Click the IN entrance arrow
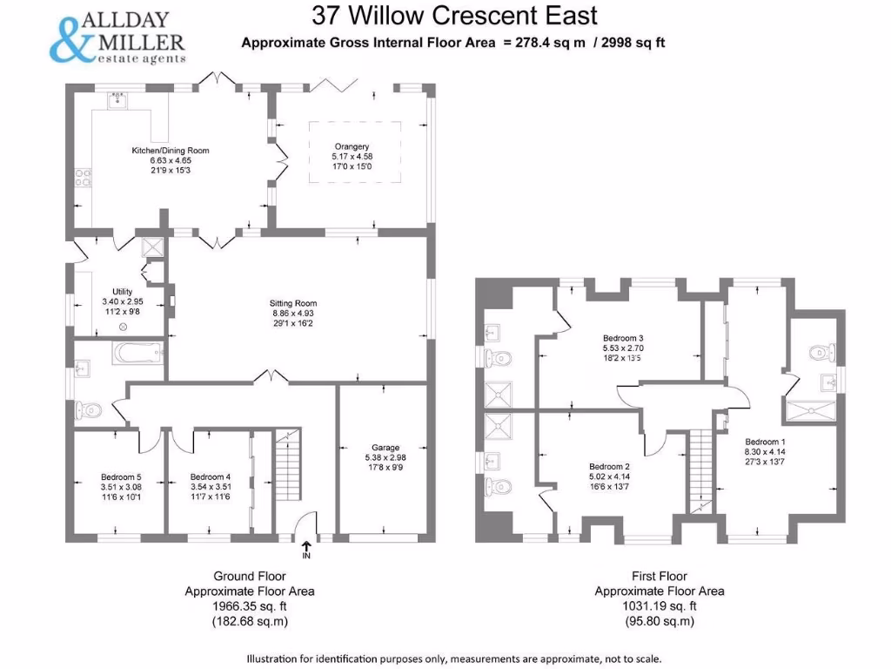[306, 546]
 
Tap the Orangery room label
[352, 146]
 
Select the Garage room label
[385, 447]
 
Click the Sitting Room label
[293, 303]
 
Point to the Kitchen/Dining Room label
[171, 150]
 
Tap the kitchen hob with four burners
[84, 177]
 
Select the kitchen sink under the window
[117, 101]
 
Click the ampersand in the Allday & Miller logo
[71, 39]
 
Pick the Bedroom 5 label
[121, 476]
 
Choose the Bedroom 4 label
[211, 476]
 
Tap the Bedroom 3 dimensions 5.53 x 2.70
[623, 348]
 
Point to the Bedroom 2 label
[609, 467]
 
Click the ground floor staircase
[287, 464]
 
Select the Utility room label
[122, 291]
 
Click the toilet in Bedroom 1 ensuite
[822, 352]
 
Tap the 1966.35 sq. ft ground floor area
[250, 606]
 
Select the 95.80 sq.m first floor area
[660, 621]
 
